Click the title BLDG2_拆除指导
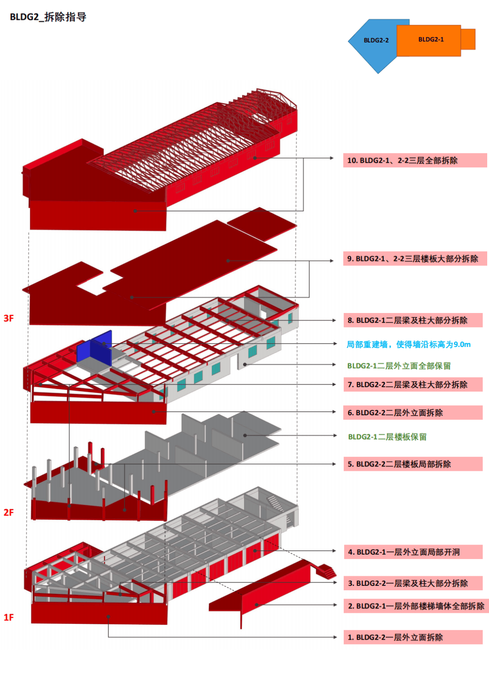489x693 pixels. (48, 17)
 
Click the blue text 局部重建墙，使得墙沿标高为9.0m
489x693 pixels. (408, 345)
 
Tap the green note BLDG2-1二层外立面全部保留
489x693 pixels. (399, 365)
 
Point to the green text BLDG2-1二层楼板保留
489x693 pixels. (387, 437)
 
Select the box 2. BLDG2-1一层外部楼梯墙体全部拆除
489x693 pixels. (416, 606)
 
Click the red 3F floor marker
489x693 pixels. (9, 318)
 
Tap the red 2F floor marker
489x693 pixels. (9, 513)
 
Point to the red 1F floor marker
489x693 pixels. (9, 617)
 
